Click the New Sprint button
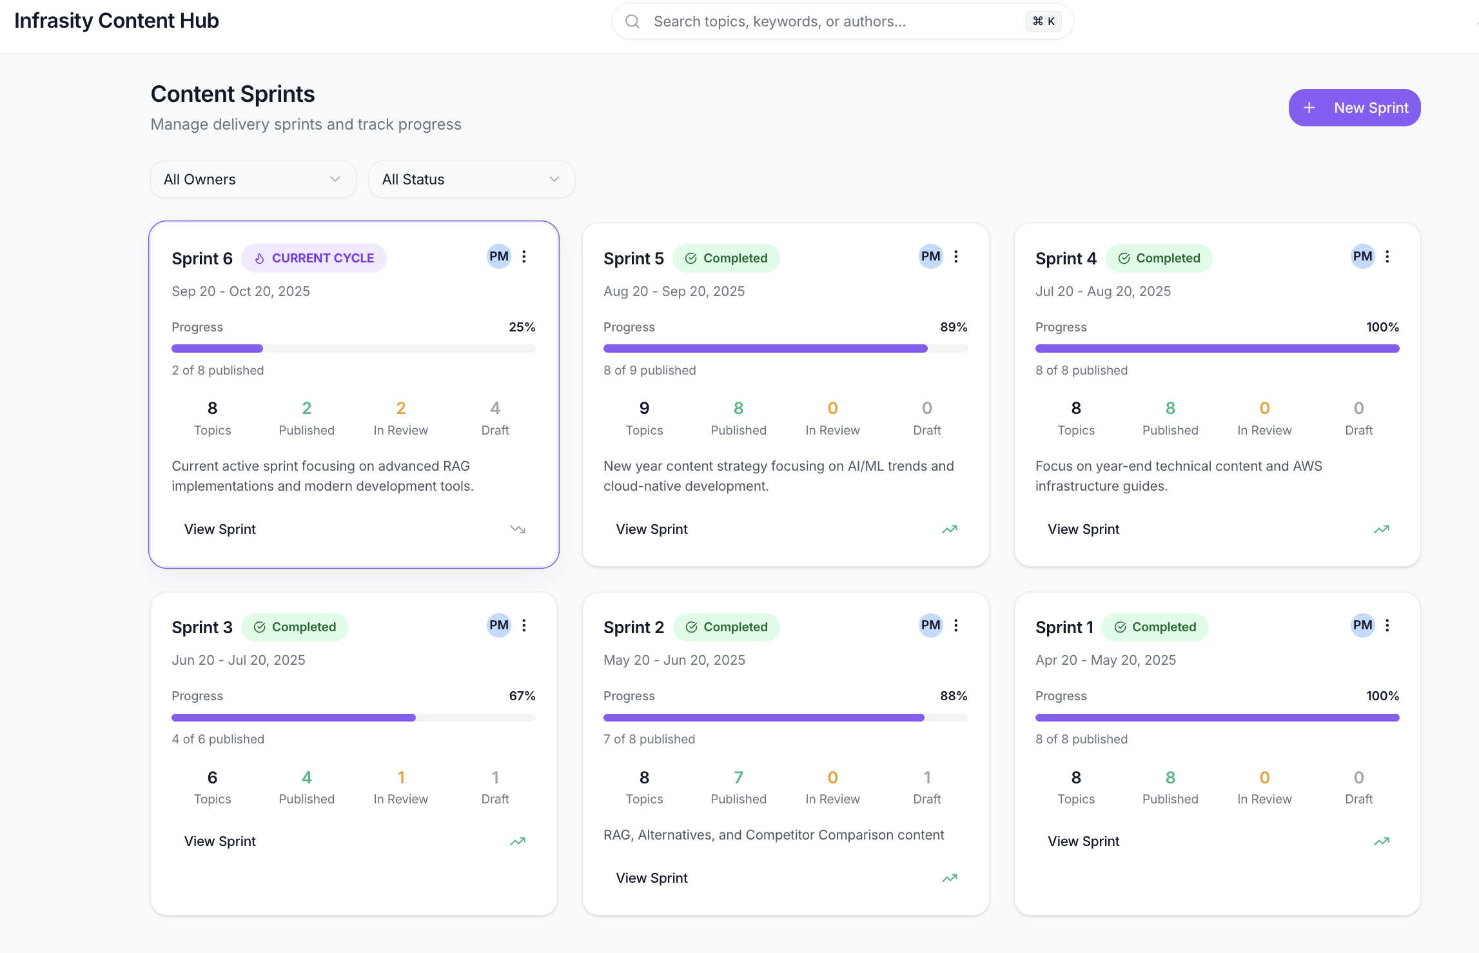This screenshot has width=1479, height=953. coord(1354,108)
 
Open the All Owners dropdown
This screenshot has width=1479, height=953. coord(253,179)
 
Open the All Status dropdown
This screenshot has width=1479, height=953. coord(471,179)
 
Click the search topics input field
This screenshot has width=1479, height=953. coord(832,21)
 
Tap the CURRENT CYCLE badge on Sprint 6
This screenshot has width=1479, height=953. coord(314,258)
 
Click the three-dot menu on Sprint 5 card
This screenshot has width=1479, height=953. coord(956,257)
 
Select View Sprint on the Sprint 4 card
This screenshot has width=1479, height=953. coord(1083,529)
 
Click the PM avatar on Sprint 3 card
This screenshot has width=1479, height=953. coord(498,625)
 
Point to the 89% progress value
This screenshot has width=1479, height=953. coord(954,327)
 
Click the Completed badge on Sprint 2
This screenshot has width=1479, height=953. coord(726,627)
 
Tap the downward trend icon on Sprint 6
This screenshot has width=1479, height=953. coord(518,529)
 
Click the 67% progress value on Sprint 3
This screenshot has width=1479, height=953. coord(522,696)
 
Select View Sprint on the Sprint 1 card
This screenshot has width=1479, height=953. coord(1083,841)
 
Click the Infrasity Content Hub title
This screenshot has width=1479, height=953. coord(117,21)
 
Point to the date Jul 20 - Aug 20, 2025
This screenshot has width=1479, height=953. coord(1102,291)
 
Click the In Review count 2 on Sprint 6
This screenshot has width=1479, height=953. coord(400,408)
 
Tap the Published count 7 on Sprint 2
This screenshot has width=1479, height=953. coord(738,777)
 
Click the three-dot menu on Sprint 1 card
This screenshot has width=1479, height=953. coord(1387,625)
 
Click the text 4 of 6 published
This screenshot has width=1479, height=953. coord(218,739)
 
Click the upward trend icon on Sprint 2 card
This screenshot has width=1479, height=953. coord(950,878)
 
